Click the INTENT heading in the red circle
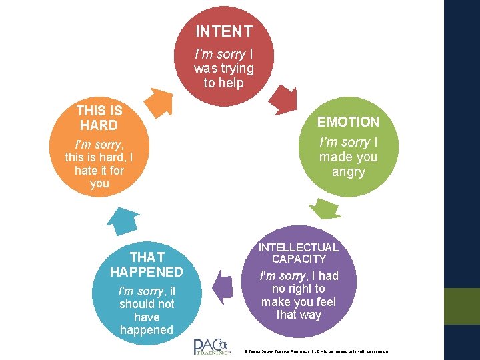tap(224, 31)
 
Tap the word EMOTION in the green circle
tap(348, 122)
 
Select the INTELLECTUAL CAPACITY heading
tap(299, 253)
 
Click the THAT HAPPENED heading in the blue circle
tap(147, 265)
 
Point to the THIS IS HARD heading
tap(99, 118)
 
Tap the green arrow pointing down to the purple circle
tap(328, 209)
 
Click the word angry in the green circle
tap(348, 172)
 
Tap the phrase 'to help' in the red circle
tap(224, 83)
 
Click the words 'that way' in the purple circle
tap(299, 315)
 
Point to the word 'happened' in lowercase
tap(147, 330)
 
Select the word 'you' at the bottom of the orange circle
tap(99, 183)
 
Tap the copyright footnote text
tap(317, 351)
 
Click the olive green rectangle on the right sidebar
tap(462, 306)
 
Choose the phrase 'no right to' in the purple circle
tap(299, 289)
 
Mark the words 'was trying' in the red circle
tap(224, 68)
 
